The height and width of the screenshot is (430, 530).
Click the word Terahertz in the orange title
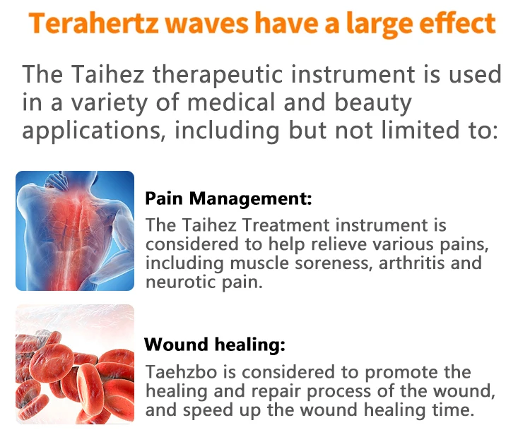[94, 23]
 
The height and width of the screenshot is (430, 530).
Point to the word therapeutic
[218, 75]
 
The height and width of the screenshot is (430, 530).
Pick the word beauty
[373, 104]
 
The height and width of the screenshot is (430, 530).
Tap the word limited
[420, 130]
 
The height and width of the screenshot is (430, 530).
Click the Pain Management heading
[228, 198]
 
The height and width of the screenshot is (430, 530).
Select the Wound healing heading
[215, 345]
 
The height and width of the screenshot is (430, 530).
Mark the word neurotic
[181, 282]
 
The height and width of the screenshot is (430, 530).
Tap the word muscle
[259, 263]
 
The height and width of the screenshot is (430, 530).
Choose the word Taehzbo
[182, 372]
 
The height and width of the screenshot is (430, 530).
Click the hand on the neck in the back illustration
[57, 181]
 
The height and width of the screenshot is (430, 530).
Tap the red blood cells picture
[75, 364]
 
